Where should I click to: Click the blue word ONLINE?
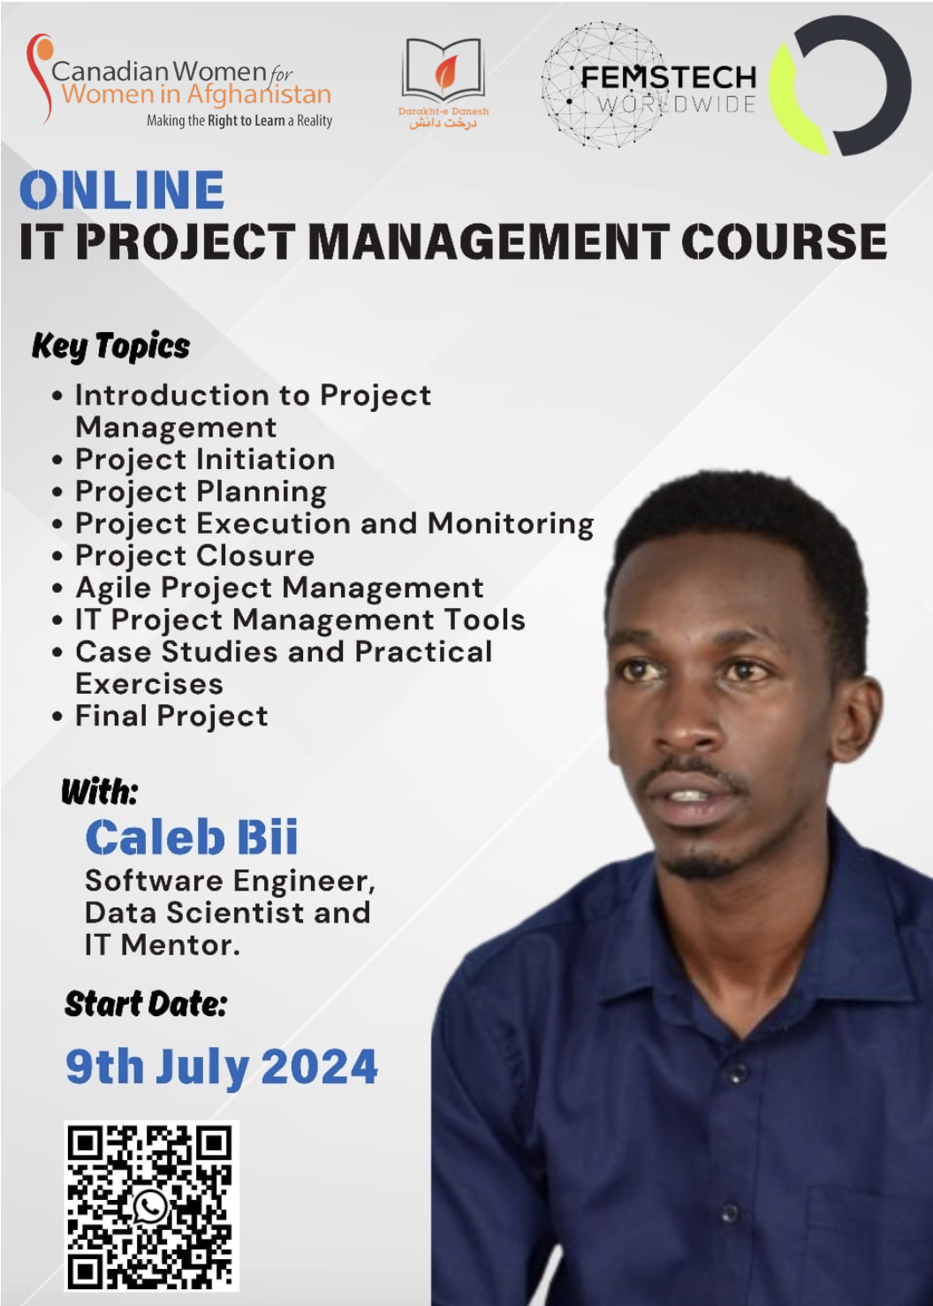(x=122, y=189)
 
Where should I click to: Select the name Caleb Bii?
(x=192, y=838)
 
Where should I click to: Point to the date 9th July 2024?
(x=222, y=1067)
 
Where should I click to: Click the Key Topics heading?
(x=110, y=346)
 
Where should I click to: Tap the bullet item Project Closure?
(x=194, y=556)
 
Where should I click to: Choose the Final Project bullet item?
(x=171, y=716)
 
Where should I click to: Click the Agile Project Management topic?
(x=279, y=588)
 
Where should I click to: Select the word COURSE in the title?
(x=784, y=241)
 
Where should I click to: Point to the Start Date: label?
(x=145, y=1004)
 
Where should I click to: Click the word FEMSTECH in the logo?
(x=669, y=78)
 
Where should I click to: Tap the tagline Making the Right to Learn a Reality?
(x=239, y=121)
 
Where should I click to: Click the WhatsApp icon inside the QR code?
(x=150, y=1206)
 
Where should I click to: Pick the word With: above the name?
(x=100, y=792)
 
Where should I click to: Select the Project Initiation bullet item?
(x=205, y=459)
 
